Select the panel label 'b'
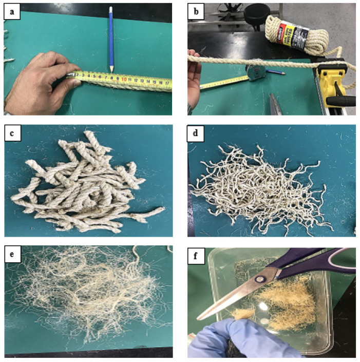click(x=197, y=13)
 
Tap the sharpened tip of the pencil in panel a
click(x=111, y=70)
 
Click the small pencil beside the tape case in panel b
click(x=277, y=73)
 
